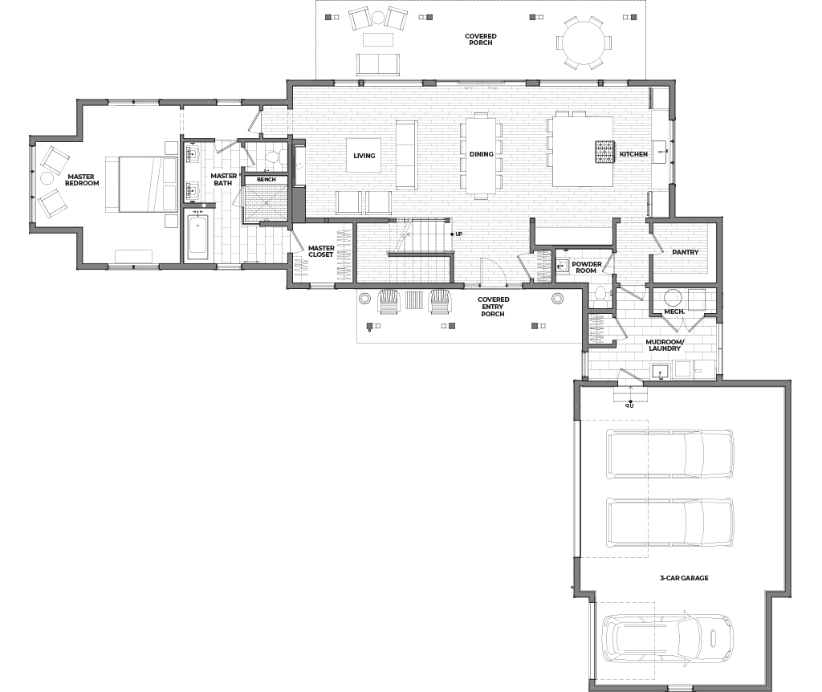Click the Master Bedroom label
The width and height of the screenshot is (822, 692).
(82, 180)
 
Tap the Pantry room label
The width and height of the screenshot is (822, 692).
(686, 252)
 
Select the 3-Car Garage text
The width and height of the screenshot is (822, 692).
(684, 578)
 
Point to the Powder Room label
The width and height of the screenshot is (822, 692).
(586, 267)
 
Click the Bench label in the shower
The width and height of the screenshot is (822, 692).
(267, 179)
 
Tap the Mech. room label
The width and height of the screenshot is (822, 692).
(674, 311)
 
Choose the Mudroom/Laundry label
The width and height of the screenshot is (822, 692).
(664, 344)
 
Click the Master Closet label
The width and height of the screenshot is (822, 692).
(321, 251)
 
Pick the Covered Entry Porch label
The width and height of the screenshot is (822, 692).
(493, 307)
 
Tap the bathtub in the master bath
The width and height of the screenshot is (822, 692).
(197, 238)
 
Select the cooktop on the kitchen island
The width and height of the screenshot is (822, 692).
(604, 153)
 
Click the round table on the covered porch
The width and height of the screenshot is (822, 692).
(583, 42)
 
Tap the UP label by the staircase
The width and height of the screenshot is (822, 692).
(458, 234)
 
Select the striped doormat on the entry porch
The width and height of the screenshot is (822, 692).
(413, 300)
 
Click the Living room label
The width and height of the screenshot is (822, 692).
(364, 156)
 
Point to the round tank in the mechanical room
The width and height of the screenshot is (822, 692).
(673, 297)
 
